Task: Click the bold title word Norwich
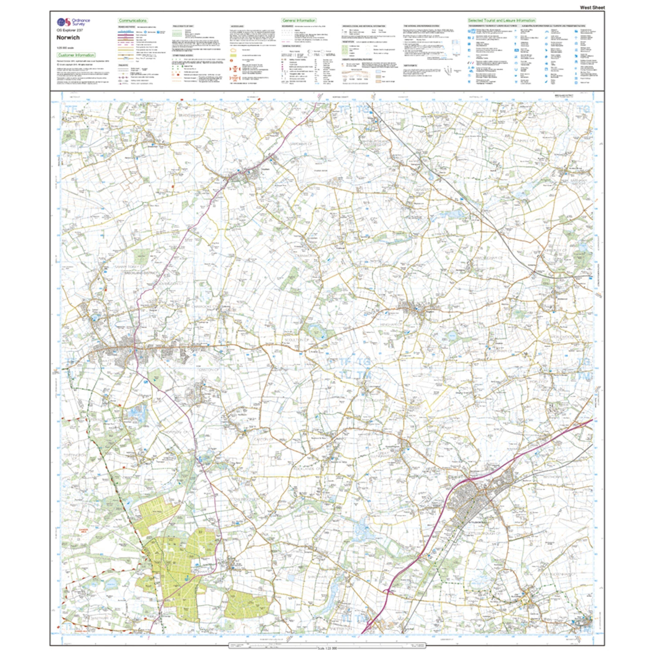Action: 68,37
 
